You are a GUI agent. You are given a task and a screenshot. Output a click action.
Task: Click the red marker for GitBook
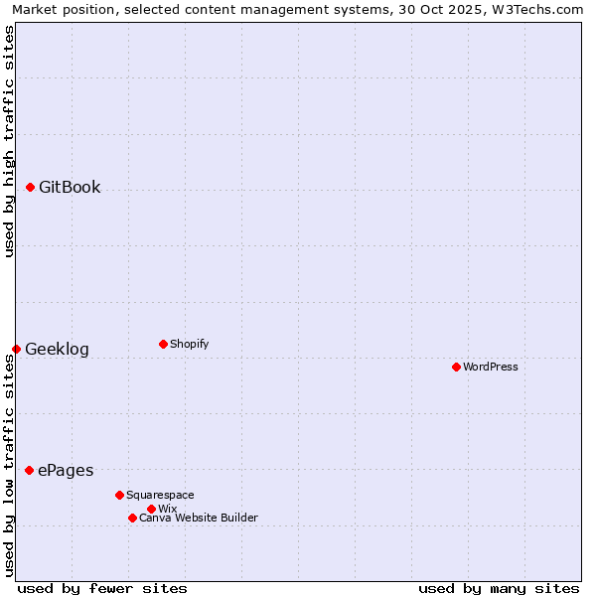coord(30,187)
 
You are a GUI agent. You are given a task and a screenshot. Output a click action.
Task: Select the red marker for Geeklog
coord(16,349)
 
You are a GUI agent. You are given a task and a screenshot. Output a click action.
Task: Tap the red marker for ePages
coord(29,470)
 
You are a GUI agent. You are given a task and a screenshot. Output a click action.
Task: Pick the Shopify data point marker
coord(163,344)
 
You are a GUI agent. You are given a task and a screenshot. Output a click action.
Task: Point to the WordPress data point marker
coord(456,367)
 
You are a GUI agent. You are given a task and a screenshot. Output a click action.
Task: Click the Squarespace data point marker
coord(119,495)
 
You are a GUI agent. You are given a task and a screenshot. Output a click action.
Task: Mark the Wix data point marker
coord(151,509)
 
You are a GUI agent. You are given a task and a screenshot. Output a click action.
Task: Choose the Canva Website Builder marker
coord(132,518)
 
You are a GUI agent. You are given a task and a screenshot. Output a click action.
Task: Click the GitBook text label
coord(70,187)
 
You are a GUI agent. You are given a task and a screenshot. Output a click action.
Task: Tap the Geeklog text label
coord(57,349)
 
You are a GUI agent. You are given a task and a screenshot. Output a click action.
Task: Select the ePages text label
coord(66,470)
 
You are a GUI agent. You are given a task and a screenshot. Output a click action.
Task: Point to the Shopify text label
coord(189,344)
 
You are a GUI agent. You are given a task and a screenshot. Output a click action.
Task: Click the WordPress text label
coord(491,367)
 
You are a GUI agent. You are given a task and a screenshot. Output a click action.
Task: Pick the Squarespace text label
coord(160,495)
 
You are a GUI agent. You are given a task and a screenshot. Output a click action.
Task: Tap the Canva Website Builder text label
coord(199,518)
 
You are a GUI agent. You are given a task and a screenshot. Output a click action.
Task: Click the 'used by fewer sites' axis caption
coord(102,588)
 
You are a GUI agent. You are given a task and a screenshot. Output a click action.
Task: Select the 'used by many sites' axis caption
coord(499,588)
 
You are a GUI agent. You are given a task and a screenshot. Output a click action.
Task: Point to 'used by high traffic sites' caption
coord(9,141)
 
